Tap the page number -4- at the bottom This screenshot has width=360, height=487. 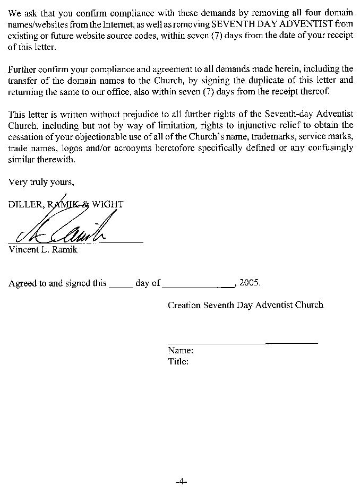click(x=182, y=481)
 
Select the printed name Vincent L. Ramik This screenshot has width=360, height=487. click(x=43, y=249)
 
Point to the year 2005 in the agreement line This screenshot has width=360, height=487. click(x=250, y=282)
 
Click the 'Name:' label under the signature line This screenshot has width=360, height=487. click(x=180, y=351)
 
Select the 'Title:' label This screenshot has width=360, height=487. click(x=178, y=362)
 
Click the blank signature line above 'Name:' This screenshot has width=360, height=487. click(x=243, y=343)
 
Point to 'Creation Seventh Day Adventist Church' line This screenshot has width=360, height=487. click(x=245, y=305)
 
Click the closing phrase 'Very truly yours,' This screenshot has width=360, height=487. click(x=41, y=182)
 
